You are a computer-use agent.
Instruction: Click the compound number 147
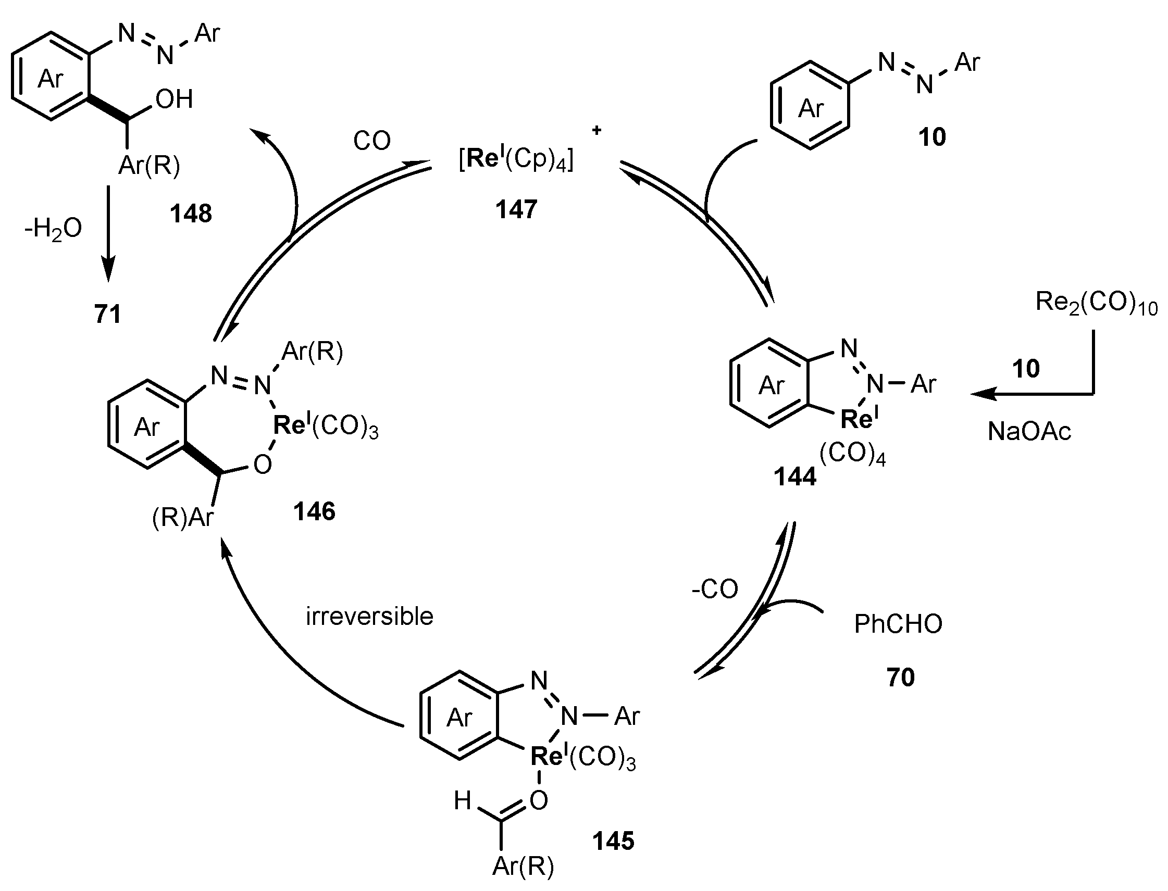pyautogui.click(x=516, y=209)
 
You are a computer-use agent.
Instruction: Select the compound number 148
pyautogui.click(x=191, y=214)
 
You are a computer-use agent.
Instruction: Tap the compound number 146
pyautogui.click(x=315, y=512)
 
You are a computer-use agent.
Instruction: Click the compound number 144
pyautogui.click(x=794, y=477)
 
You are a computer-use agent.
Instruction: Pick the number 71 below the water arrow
pyautogui.click(x=108, y=314)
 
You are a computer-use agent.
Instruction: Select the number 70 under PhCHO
pyautogui.click(x=901, y=677)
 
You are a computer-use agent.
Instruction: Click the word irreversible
pyautogui.click(x=370, y=616)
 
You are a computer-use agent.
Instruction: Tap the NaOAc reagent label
pyautogui.click(x=1029, y=432)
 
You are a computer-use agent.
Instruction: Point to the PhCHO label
pyautogui.click(x=898, y=624)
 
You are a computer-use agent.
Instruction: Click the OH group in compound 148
pyautogui.click(x=175, y=99)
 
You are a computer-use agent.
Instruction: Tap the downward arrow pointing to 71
pyautogui.click(x=108, y=233)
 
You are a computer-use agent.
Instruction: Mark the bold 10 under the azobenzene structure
pyautogui.click(x=932, y=137)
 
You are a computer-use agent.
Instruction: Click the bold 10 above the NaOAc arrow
pyautogui.click(x=1026, y=369)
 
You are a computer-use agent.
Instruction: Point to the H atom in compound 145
pyautogui.click(x=463, y=801)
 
